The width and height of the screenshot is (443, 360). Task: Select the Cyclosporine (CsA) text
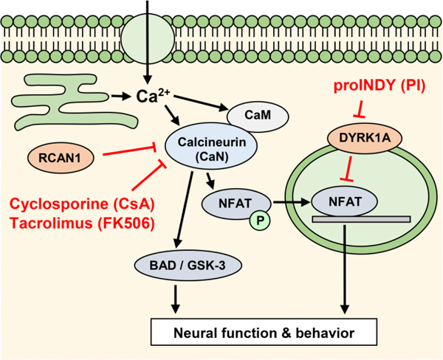click(x=83, y=203)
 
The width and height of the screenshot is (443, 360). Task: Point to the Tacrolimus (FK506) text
click(x=83, y=224)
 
